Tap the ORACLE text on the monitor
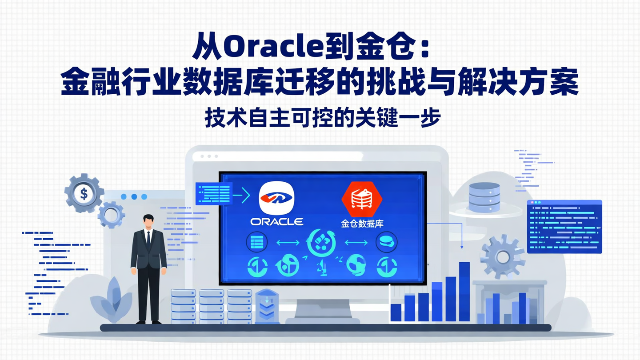[277, 221]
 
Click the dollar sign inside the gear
[84, 193]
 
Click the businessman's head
[148, 221]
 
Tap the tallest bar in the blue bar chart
[464, 291]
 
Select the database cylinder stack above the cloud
[484, 197]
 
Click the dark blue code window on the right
[564, 227]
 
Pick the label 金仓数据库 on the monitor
[362, 224]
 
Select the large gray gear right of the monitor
[503, 257]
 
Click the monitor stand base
[323, 320]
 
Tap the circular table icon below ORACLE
[256, 243]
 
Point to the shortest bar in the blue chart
[396, 312]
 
